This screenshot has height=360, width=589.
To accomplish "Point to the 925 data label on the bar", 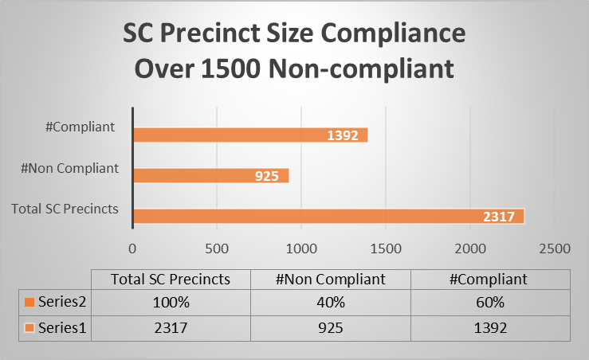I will [267, 176].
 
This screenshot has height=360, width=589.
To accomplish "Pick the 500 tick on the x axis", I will [218, 247].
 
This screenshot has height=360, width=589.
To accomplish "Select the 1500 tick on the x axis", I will [386, 247].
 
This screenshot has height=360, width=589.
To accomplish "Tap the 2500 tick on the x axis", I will [554, 247].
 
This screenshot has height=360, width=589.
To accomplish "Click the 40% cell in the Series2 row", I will [331, 303].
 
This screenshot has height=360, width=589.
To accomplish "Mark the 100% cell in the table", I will [171, 303].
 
